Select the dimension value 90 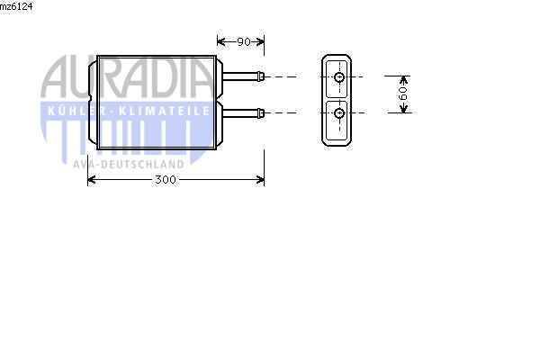(243, 41)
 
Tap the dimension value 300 (165, 180)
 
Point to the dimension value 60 (403, 94)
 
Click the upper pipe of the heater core (239, 76)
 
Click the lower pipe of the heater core (239, 112)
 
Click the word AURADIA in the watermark (127, 79)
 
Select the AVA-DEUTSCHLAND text (129, 164)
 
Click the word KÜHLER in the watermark (76, 110)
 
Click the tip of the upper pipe (263, 76)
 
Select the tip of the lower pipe (263, 112)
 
